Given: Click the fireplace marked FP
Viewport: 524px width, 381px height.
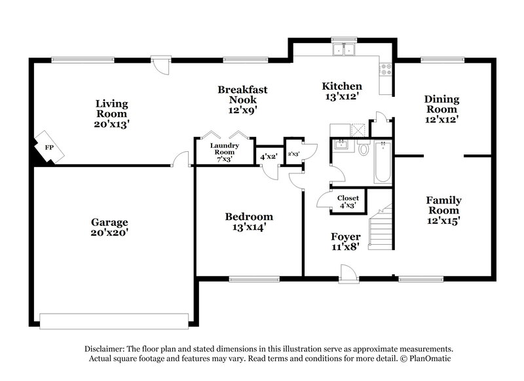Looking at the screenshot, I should tap(49, 147).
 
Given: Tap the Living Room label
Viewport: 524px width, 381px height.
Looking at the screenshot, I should tap(111, 113).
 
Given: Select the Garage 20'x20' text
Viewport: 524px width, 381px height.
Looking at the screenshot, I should tap(109, 227).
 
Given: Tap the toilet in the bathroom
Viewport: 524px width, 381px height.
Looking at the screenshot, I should tap(364, 149).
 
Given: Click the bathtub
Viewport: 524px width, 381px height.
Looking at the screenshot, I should tap(382, 162).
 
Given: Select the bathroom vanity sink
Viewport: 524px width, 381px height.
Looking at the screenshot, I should tap(340, 145).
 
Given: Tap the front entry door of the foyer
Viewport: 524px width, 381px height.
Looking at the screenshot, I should tap(348, 274).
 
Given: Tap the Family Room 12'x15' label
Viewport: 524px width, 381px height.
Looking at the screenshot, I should tap(444, 210).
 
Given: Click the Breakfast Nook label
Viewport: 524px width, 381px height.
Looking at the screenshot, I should tap(242, 100).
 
